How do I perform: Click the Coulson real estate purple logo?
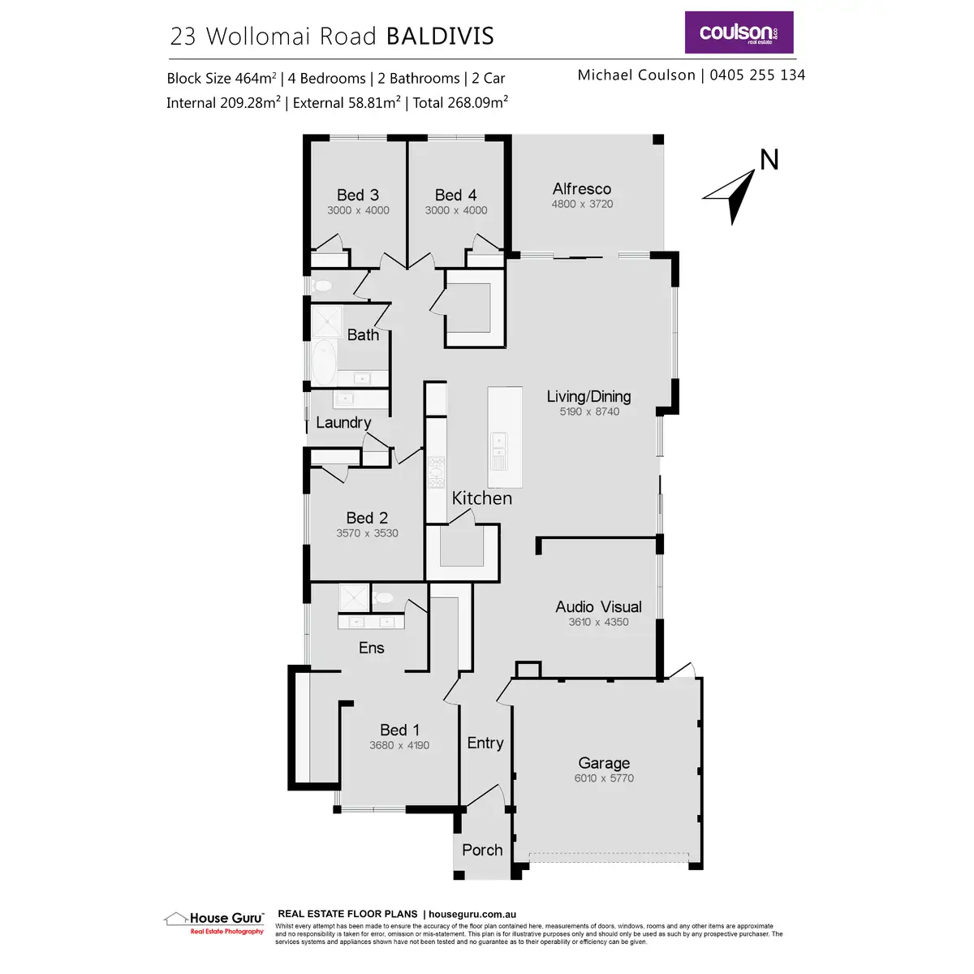pyautogui.click(x=739, y=32)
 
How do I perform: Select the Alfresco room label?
pyautogui.click(x=582, y=189)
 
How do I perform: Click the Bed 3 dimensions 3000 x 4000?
pyautogui.click(x=358, y=210)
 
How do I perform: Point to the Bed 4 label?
pyautogui.click(x=455, y=195)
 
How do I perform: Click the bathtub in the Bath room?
pyautogui.click(x=323, y=362)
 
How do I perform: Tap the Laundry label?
pyautogui.click(x=343, y=422)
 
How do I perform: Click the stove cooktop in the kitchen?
pyautogui.click(x=437, y=472)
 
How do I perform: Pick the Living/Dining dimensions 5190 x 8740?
pyautogui.click(x=589, y=412)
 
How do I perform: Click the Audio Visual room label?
pyautogui.click(x=598, y=606)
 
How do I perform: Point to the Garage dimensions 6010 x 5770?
pyautogui.click(x=604, y=778)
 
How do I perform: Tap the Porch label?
pyautogui.click(x=482, y=850)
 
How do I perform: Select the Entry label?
pyautogui.click(x=485, y=743)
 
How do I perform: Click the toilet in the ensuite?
pyautogui.click(x=383, y=597)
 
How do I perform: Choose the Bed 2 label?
pyautogui.click(x=367, y=518)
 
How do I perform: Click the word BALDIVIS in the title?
pyautogui.click(x=439, y=37)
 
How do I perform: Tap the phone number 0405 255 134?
pyautogui.click(x=757, y=75)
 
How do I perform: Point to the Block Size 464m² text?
pyautogui.click(x=222, y=79)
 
